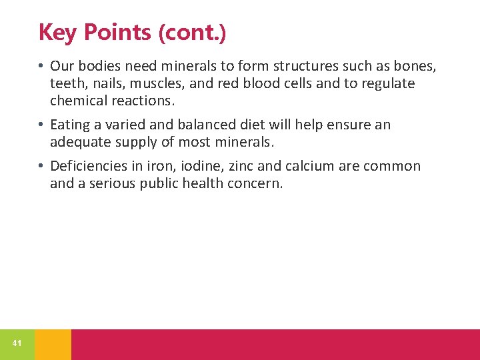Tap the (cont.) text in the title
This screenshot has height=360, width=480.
click(x=193, y=31)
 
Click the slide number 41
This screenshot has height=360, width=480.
click(x=17, y=343)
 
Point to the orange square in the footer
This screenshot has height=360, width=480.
click(x=53, y=344)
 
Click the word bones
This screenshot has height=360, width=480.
click(x=414, y=66)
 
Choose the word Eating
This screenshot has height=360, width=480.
click(x=70, y=125)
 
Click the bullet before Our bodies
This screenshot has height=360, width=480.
click(x=41, y=66)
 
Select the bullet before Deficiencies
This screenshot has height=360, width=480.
click(x=41, y=166)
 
